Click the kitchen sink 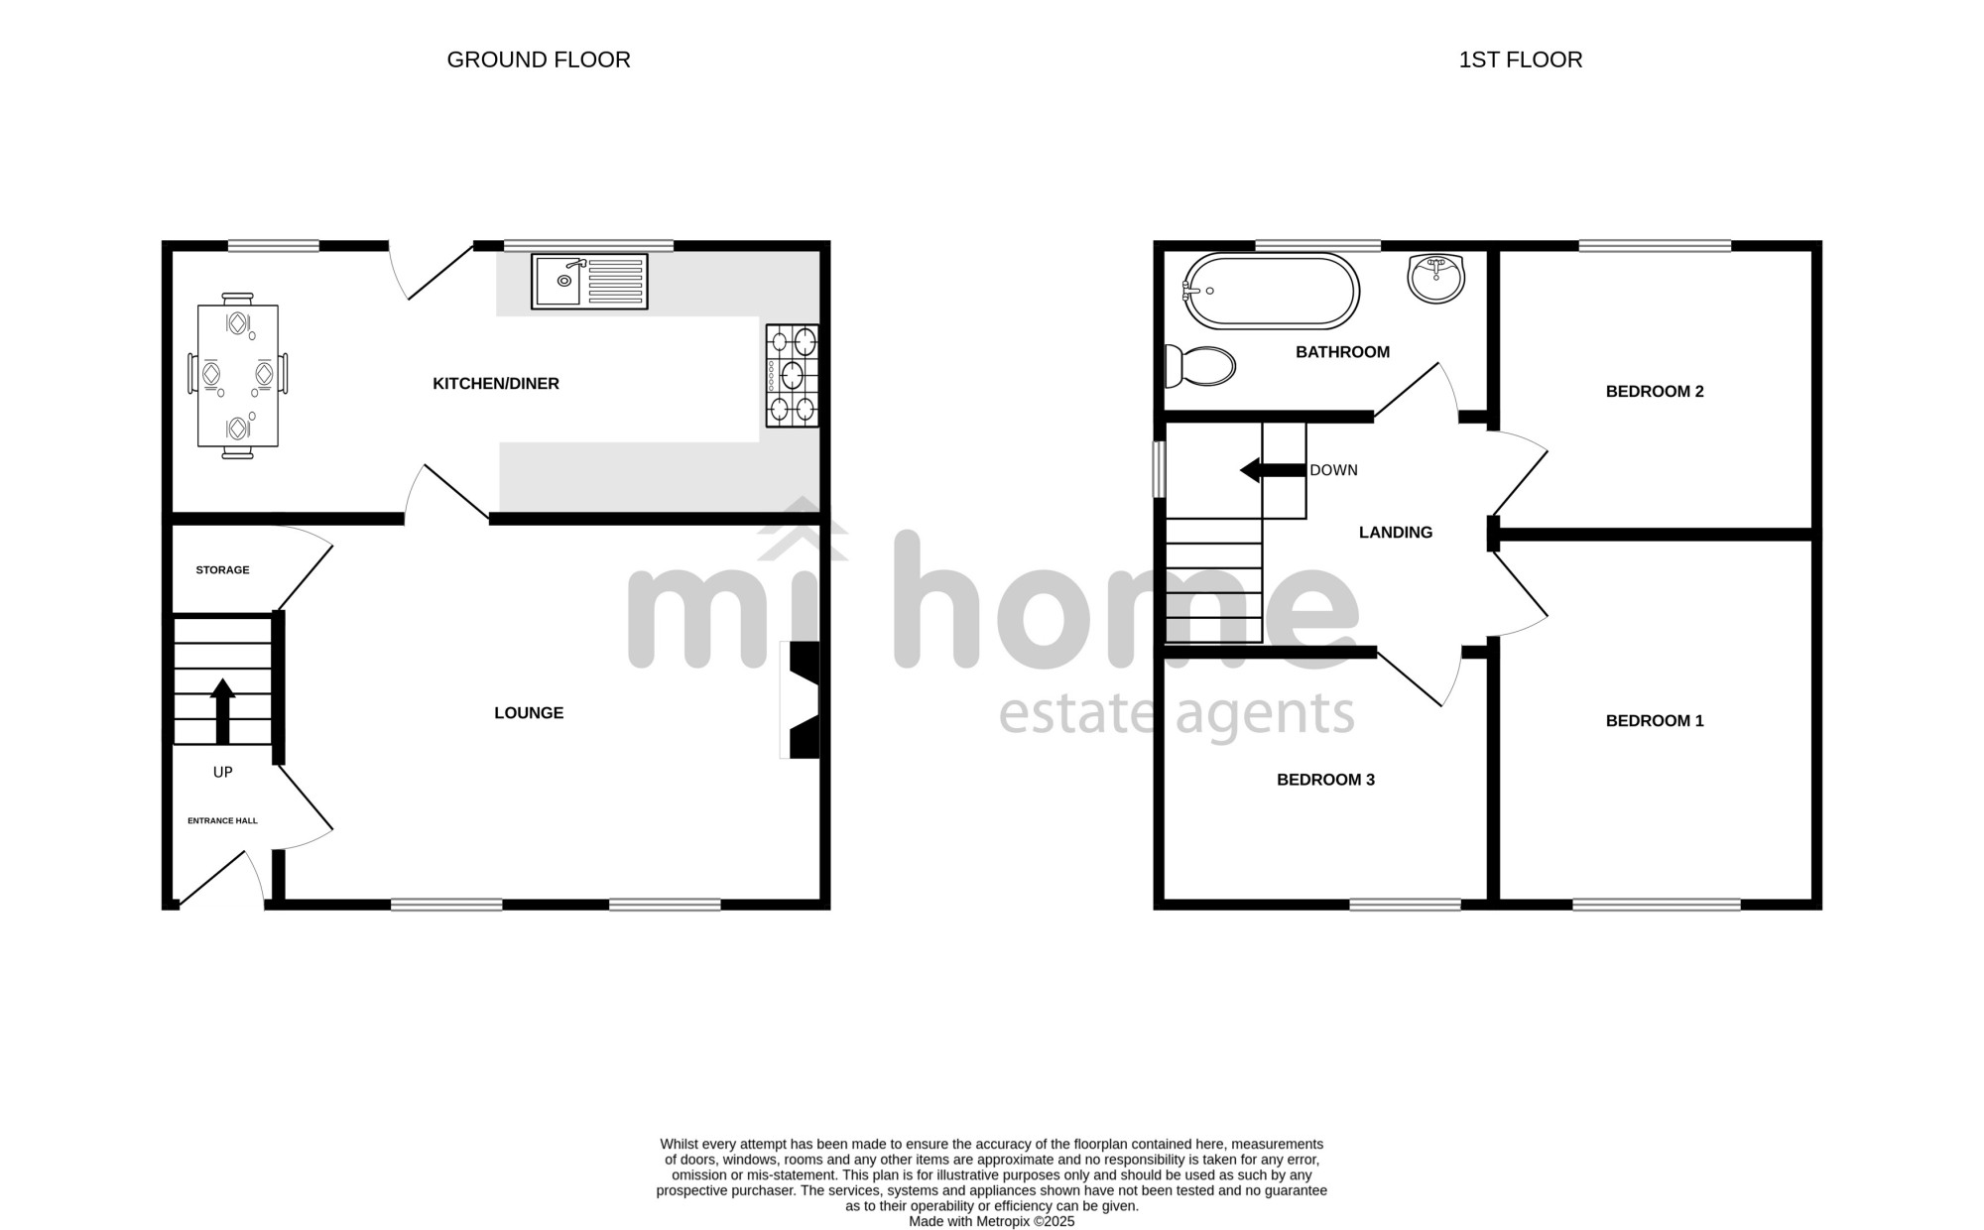coord(589,282)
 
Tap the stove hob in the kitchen coord(793,376)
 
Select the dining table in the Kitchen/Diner coord(238,376)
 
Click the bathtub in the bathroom coord(1272,291)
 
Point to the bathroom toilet coord(1199,366)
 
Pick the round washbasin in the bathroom coord(1435,277)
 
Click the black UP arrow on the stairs coord(222,710)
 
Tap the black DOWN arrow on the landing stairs coord(1273,470)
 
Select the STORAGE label coord(222,570)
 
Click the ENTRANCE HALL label coord(222,821)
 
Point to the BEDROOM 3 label coord(1325,780)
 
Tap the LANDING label coord(1396,533)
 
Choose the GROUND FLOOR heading coord(539,60)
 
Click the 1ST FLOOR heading coord(1521,60)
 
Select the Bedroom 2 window coord(1655,246)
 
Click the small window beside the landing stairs coord(1158,469)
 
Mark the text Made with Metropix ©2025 coord(992,1222)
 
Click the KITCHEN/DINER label coord(496,384)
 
